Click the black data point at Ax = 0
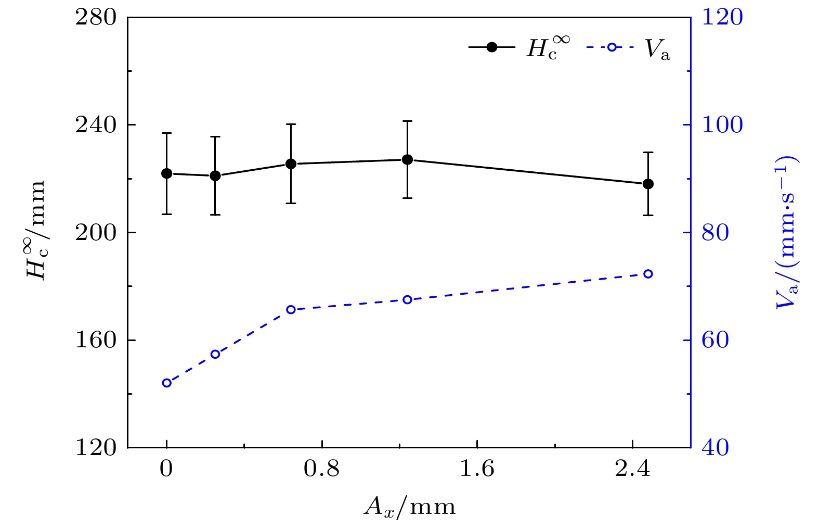tap(166, 173)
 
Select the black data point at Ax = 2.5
tap(648, 184)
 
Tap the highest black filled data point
tap(407, 159)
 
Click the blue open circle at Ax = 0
tap(166, 383)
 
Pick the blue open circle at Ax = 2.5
tap(648, 274)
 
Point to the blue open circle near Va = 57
tap(215, 354)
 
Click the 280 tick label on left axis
tap(96, 18)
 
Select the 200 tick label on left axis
tap(96, 233)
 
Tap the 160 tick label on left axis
tap(96, 341)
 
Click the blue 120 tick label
tap(723, 18)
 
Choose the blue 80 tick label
tap(716, 233)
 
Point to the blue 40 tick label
tap(716, 448)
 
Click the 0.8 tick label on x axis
tap(321, 470)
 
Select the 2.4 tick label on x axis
tap(632, 470)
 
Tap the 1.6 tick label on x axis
tap(477, 470)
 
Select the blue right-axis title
tap(786, 232)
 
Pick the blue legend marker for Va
tap(612, 47)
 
